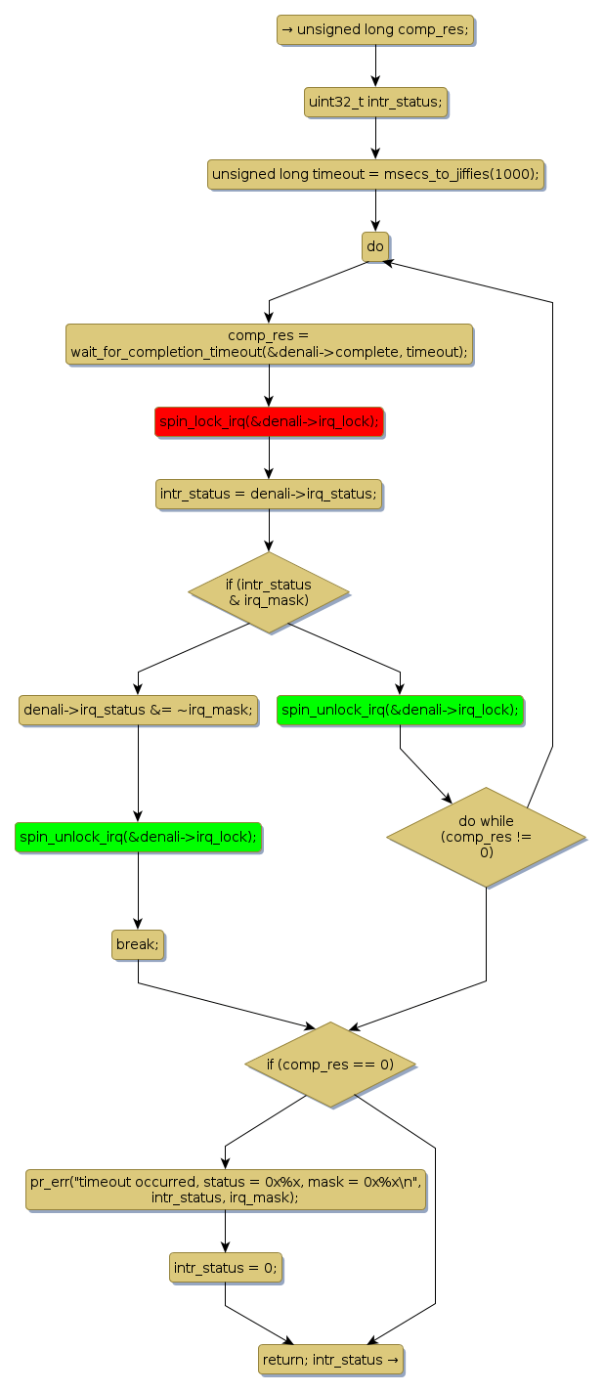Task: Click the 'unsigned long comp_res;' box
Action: pyautogui.click(x=375, y=29)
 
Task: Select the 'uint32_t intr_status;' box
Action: pyautogui.click(x=375, y=102)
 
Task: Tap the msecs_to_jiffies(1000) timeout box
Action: pyautogui.click(x=375, y=174)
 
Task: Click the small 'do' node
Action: pyautogui.click(x=375, y=246)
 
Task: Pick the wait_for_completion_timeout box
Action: pyautogui.click(x=269, y=344)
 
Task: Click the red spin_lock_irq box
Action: pyautogui.click(x=269, y=421)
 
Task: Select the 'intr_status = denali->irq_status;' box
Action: pyautogui.click(x=269, y=494)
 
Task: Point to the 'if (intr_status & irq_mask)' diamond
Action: pyautogui.click(x=269, y=591)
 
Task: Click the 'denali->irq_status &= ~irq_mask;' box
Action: pyautogui.click(x=138, y=710)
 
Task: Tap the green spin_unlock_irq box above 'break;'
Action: pyautogui.click(x=138, y=837)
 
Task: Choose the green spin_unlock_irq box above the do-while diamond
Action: pyautogui.click(x=400, y=710)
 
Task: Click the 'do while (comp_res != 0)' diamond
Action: pyautogui.click(x=486, y=837)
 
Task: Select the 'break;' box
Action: pyautogui.click(x=137, y=944)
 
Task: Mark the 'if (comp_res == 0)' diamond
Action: pyautogui.click(x=330, y=1064)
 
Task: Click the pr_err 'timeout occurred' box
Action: pyautogui.click(x=225, y=1189)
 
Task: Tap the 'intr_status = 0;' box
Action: pyautogui.click(x=225, y=1268)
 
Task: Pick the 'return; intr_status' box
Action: pyautogui.click(x=330, y=1360)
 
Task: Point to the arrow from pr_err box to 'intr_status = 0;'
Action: pyautogui.click(x=225, y=1232)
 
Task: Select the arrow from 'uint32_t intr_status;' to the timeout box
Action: pyautogui.click(x=375, y=138)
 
